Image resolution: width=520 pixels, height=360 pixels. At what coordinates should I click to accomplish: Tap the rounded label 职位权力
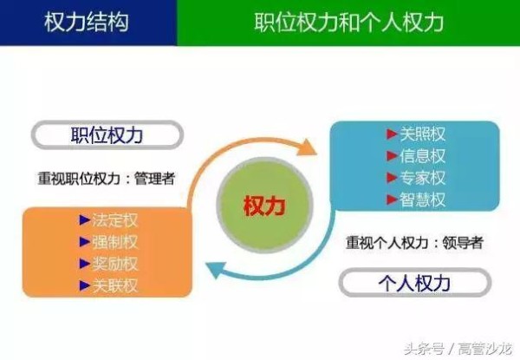coord(107,135)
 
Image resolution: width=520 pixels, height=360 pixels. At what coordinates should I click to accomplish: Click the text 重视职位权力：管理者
coord(105,179)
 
